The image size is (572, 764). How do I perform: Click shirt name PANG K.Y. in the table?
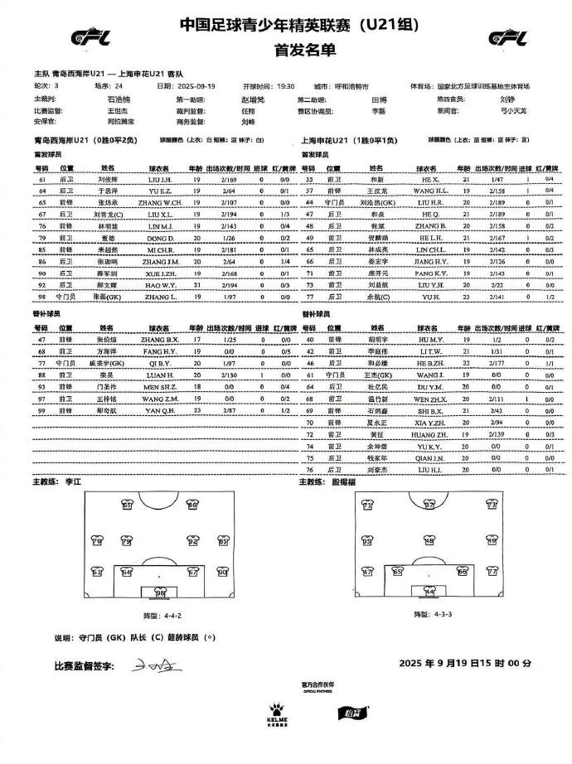point(430,272)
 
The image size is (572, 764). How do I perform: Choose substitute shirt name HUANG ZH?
point(430,433)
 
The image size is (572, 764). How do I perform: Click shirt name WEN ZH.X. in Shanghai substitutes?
point(430,398)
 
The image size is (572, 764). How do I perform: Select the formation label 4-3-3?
point(429,614)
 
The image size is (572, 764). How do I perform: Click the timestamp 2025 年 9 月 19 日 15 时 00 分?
point(464,664)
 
